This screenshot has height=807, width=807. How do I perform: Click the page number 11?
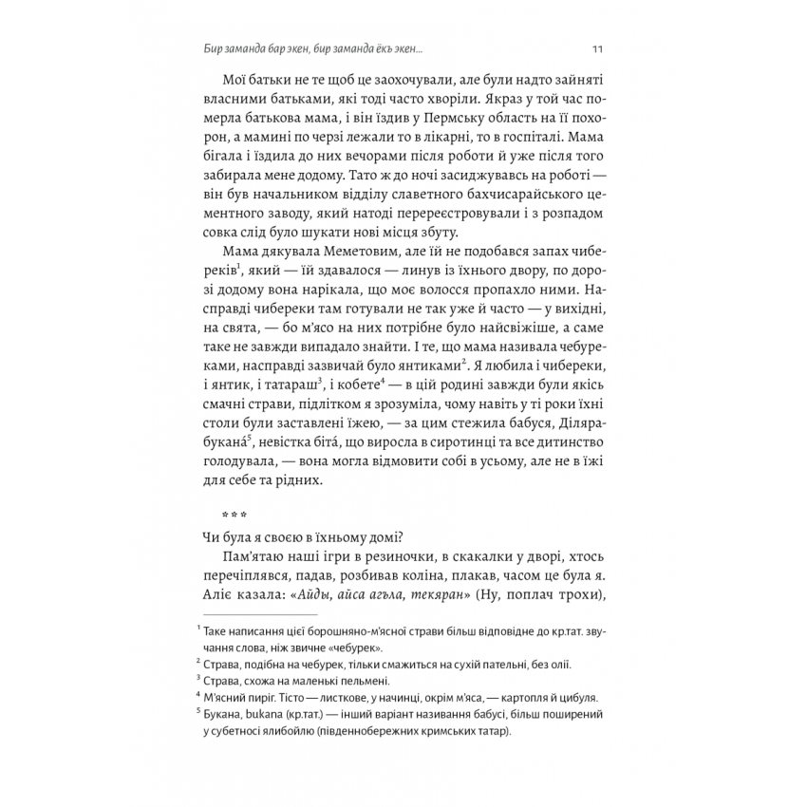click(x=596, y=48)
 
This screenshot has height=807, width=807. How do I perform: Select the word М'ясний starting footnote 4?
click(x=221, y=696)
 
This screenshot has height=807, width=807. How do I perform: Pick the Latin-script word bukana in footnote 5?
click(x=272, y=713)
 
